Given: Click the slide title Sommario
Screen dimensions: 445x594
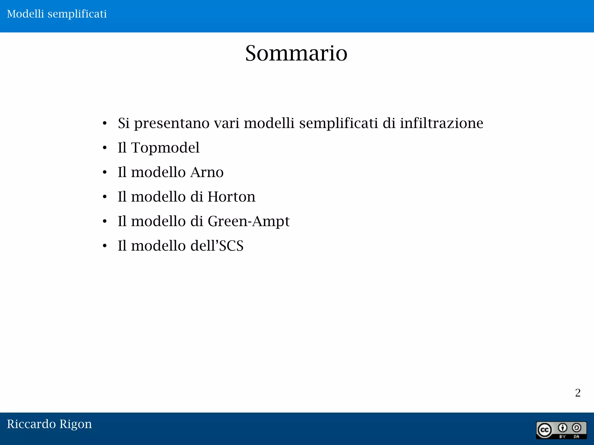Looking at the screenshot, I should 296,53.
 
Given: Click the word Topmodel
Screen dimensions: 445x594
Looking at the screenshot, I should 165,148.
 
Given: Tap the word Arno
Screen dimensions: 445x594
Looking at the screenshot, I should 207,172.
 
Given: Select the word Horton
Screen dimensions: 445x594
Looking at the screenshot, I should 231,197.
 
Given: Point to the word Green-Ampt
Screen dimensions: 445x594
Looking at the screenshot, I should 249,221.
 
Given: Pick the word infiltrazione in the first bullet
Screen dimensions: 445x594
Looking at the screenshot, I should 441,123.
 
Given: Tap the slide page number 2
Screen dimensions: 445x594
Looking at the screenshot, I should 577,393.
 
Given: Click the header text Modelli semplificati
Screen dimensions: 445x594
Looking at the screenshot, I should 57,14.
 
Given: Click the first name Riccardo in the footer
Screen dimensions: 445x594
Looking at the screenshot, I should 31,424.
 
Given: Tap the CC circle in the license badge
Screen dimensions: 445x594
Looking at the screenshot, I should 544,430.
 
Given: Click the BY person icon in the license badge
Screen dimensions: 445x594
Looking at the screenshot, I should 562,428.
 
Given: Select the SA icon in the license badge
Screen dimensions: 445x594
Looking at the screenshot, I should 576,428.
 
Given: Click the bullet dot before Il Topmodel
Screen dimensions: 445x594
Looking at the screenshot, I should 105,148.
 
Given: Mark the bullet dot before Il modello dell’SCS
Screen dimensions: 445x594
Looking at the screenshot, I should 105,246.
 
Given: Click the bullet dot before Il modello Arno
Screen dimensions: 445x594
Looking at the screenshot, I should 105,173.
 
